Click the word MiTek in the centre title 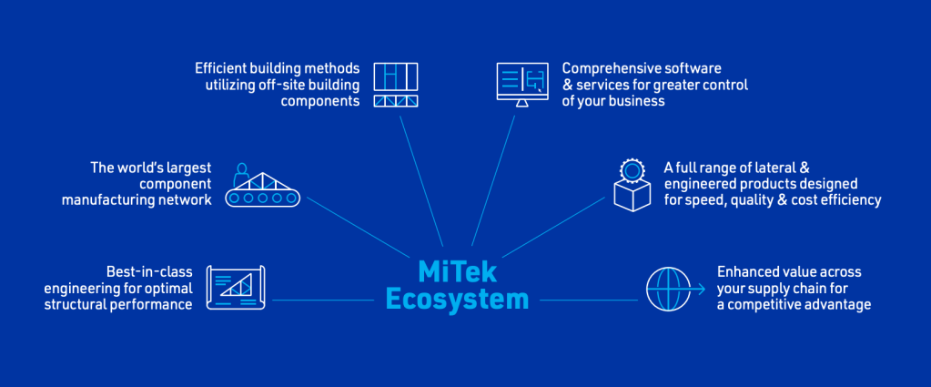(x=457, y=271)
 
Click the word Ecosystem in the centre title (x=457, y=300)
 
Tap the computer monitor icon (x=521, y=85)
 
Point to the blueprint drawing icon (x=235, y=288)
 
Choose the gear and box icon (x=632, y=185)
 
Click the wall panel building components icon (x=396, y=85)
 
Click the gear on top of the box (x=632, y=170)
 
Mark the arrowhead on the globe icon (x=702, y=289)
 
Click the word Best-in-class (x=149, y=271)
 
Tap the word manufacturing (x=105, y=199)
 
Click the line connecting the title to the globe (x=589, y=300)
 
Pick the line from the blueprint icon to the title (x=323, y=300)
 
